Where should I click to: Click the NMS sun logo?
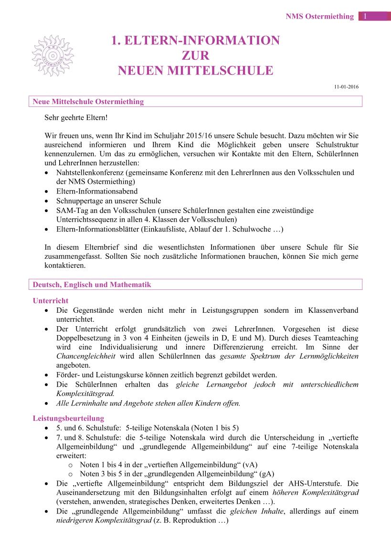point(53,55)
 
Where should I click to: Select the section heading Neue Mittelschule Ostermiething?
point(88,102)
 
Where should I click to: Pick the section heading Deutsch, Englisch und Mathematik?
point(92,285)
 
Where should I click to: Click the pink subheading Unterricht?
point(50,301)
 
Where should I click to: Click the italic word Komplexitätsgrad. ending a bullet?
point(82,393)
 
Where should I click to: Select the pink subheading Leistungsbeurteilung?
point(68,418)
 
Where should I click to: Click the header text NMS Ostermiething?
point(319,16)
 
